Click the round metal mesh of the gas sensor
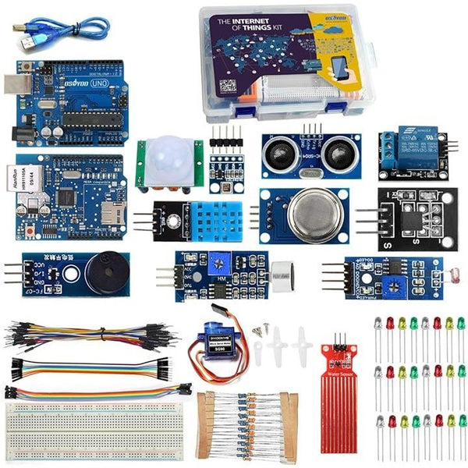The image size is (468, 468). [x=309, y=211]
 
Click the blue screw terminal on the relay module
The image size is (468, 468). [x=387, y=144]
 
